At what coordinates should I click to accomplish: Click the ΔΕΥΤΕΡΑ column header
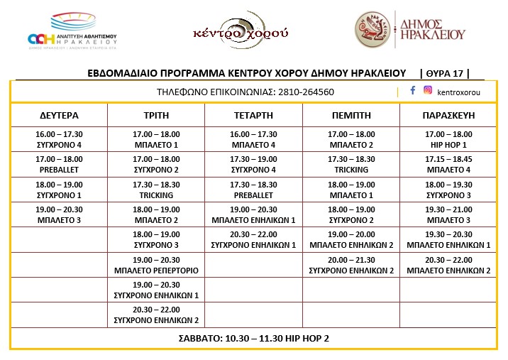59,114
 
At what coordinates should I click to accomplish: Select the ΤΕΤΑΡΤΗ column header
253,114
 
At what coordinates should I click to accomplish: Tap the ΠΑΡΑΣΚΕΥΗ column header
448,114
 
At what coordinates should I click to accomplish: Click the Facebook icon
413,90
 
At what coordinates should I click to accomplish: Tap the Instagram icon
428,90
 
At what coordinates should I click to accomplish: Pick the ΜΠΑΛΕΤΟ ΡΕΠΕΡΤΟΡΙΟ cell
156,265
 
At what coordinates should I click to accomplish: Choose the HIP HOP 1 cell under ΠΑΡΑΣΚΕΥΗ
448,139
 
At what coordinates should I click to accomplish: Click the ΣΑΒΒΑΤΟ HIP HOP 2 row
253,338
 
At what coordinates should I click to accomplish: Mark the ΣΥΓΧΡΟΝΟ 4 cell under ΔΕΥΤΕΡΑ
59,139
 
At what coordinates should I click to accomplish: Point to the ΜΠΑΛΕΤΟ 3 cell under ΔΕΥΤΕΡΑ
59,214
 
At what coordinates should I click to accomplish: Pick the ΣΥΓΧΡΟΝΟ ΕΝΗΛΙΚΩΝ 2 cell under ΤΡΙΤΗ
156,315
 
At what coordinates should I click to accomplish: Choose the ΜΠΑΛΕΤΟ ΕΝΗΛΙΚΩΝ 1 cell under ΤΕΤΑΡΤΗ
253,214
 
